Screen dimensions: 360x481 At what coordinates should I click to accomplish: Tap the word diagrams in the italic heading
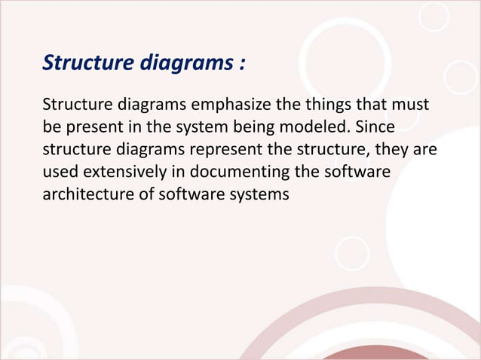(179, 63)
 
